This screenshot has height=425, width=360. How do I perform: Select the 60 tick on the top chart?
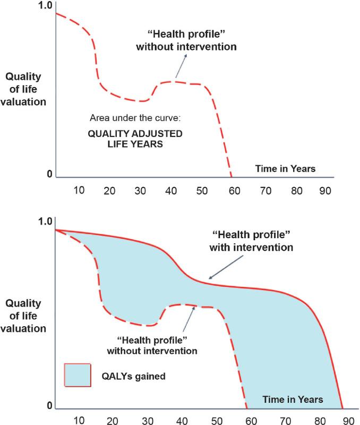(x=233, y=190)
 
